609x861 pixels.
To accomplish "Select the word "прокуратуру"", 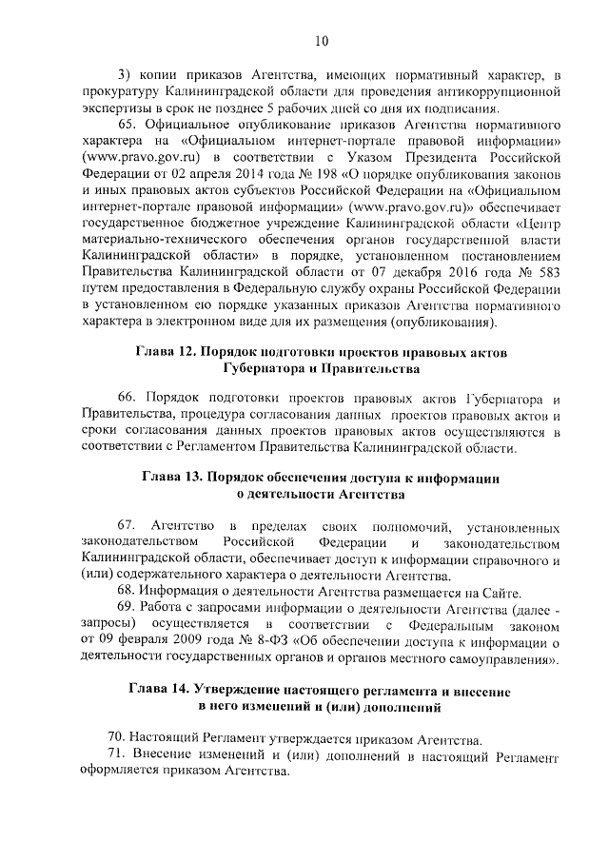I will tap(122, 92).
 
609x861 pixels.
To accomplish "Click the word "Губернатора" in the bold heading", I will tap(268, 369).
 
